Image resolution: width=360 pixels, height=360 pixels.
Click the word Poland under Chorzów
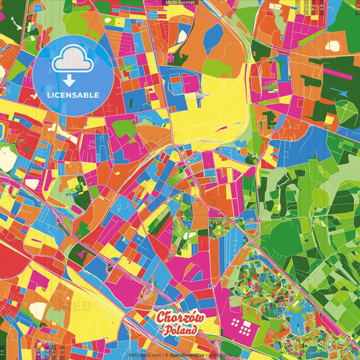click(180, 330)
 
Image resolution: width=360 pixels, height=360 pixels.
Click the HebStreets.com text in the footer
click(144, 355)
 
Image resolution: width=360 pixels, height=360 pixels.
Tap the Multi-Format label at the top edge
click(180, 3)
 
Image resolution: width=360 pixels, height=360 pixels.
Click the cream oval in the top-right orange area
click(333, 46)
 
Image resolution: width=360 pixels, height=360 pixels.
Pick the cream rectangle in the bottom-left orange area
click(39, 310)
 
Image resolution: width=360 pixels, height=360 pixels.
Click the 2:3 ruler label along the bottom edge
click(62, 353)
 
